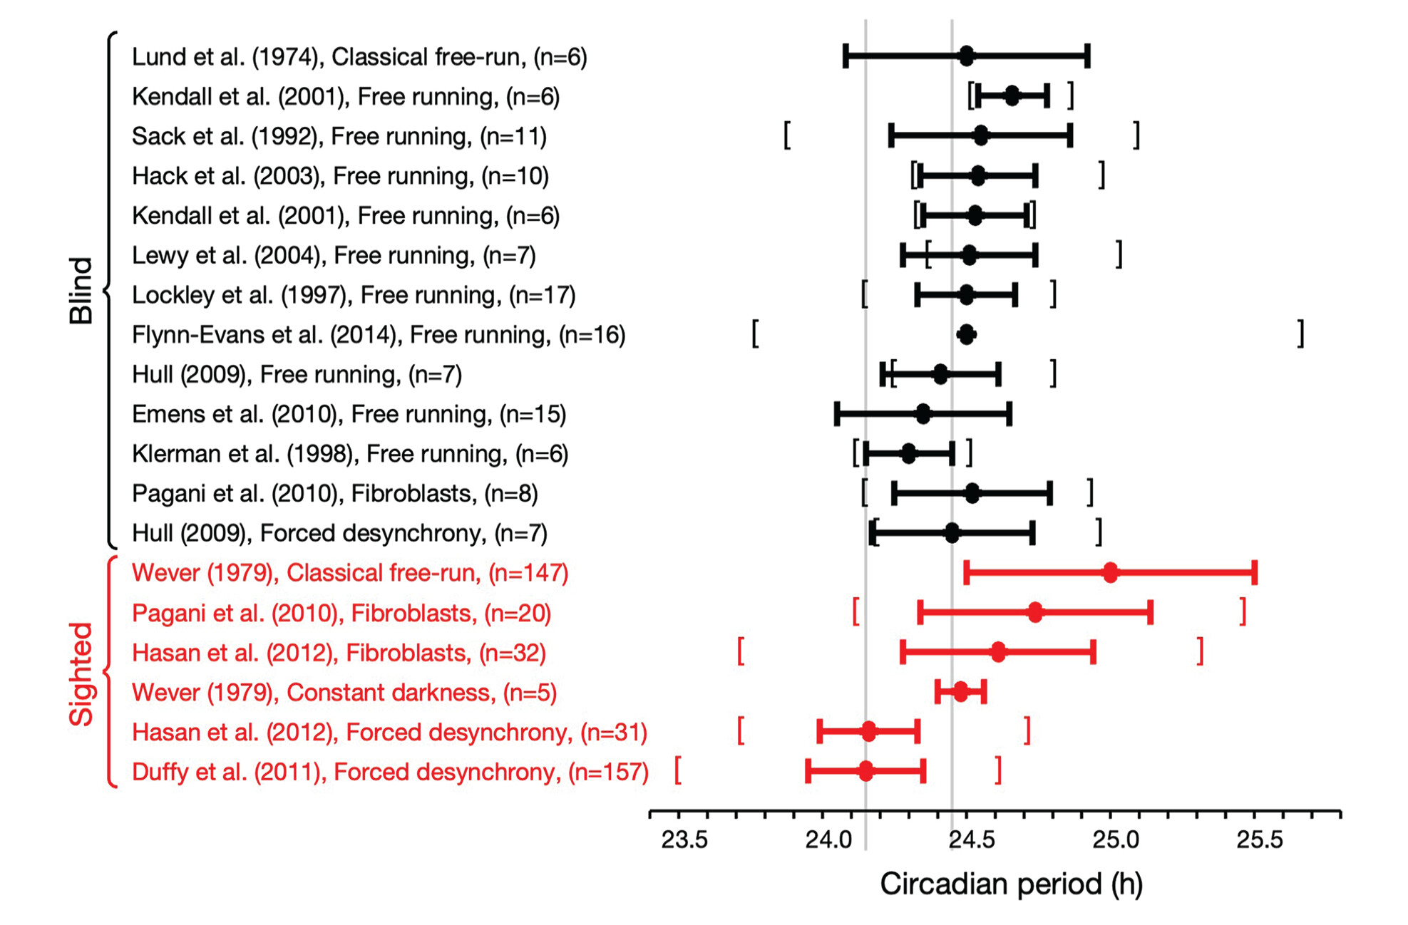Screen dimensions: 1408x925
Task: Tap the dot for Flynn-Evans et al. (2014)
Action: pyautogui.click(x=966, y=334)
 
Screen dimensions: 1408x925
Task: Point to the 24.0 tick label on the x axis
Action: pyautogui.click(x=828, y=839)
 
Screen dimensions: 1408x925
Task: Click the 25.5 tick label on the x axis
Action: pyautogui.click(x=1260, y=839)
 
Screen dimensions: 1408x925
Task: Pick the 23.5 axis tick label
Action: pyautogui.click(x=684, y=839)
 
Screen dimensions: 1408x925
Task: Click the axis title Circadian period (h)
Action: pyautogui.click(x=1011, y=884)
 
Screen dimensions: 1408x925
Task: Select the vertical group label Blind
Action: pyautogui.click(x=81, y=291)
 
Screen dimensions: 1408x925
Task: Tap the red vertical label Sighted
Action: pyautogui.click(x=81, y=674)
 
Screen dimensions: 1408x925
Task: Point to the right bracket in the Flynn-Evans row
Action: pyautogui.click(x=1301, y=334)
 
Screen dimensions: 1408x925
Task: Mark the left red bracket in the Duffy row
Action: pyautogui.click(x=678, y=770)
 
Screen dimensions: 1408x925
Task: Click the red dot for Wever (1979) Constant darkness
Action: pyautogui.click(x=961, y=691)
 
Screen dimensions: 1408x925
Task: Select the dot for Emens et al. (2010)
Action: pyautogui.click(x=923, y=413)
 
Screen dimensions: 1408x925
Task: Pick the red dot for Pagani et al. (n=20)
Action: pyautogui.click(x=1035, y=612)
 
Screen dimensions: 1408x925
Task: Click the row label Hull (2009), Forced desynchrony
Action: pyautogui.click(x=339, y=533)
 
